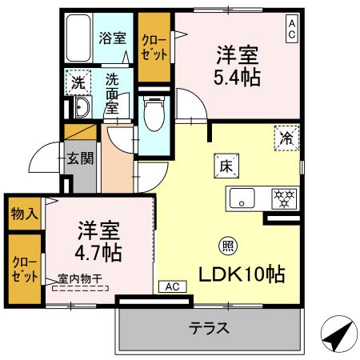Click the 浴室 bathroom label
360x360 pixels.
click(113, 38)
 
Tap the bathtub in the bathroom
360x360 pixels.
click(79, 38)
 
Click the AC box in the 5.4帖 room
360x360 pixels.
click(291, 30)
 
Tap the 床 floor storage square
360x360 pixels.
click(225, 166)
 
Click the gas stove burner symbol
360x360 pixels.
click(285, 196)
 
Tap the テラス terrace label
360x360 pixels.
click(210, 327)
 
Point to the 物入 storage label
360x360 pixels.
click(23, 214)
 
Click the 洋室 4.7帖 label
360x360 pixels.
click(99, 242)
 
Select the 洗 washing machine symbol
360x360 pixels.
click(78, 82)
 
